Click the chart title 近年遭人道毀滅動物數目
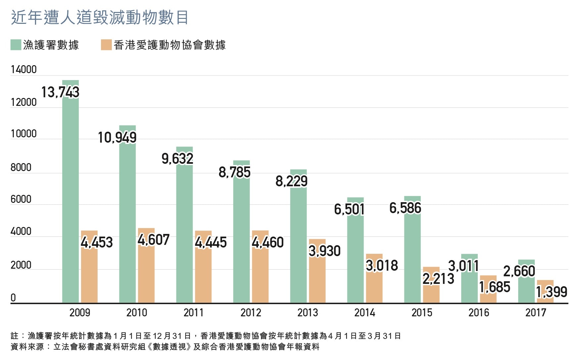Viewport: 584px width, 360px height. click(100, 17)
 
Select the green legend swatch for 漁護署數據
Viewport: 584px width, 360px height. click(16, 45)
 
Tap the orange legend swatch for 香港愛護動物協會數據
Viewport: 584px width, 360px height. click(106, 45)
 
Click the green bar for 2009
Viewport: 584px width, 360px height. click(70, 199)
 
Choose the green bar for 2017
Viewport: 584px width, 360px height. click(526, 288)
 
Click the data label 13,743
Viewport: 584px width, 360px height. click(60, 92)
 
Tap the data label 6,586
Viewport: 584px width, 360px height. click(405, 208)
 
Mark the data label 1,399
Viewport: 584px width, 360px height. click(552, 292)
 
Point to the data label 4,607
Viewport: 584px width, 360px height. click(154, 240)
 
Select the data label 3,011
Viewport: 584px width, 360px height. click(464, 266)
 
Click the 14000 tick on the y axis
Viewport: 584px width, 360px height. click(23, 69)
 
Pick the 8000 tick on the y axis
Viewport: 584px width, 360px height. click(21, 167)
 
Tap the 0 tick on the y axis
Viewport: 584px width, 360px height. click(13, 298)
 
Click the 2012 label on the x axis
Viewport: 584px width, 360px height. click(251, 313)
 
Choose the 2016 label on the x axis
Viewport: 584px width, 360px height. click(479, 313)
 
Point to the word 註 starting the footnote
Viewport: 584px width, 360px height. click(15, 336)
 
